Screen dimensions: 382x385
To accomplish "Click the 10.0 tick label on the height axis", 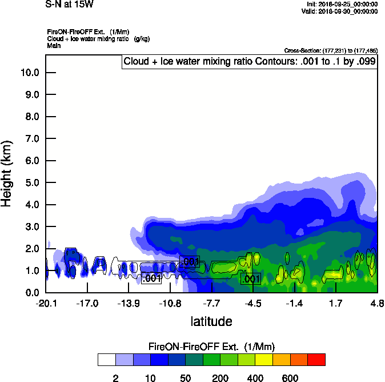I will click(29, 73).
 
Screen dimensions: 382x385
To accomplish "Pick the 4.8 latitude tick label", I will click(376, 304).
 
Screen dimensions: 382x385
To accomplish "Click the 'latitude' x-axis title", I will click(211, 321).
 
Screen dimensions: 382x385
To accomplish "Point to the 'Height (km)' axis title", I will click(7, 172).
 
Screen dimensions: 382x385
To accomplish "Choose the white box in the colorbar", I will click(106, 359).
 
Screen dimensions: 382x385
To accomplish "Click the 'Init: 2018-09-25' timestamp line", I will click(342, 3).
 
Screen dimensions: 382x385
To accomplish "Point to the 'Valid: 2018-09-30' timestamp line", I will click(341, 10).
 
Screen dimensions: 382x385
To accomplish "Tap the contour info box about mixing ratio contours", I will click(250, 61).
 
